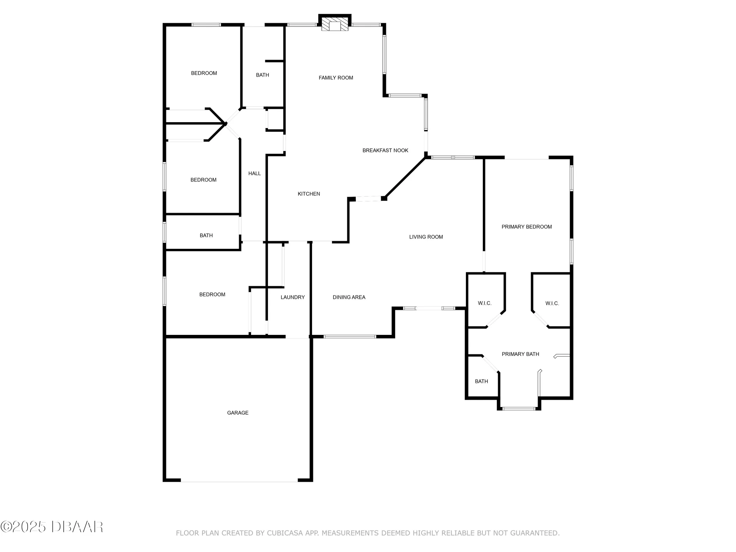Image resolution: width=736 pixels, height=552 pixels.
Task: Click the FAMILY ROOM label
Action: click(x=336, y=78)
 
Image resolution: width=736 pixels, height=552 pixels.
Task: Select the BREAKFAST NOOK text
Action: click(x=385, y=150)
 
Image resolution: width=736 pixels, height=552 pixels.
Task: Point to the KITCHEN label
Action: click(x=309, y=194)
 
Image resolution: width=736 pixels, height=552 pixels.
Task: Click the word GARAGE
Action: click(x=238, y=413)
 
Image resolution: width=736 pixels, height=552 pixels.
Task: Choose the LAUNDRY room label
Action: click(x=293, y=297)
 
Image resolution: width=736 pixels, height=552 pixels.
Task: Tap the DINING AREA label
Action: click(x=349, y=297)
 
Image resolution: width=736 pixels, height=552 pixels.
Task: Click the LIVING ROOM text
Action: click(x=426, y=237)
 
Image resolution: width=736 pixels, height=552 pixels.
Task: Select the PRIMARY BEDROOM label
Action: click(x=527, y=227)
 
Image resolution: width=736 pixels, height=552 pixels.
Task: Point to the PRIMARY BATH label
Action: click(x=520, y=354)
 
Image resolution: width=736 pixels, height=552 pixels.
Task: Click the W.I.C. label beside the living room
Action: click(x=485, y=303)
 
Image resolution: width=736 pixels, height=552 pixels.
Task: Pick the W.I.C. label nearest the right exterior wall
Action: click(x=552, y=303)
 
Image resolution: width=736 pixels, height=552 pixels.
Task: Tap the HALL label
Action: click(x=254, y=173)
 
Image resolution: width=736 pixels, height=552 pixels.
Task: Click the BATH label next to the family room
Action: click(x=262, y=75)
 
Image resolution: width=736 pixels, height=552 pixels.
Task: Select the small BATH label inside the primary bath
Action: click(x=481, y=381)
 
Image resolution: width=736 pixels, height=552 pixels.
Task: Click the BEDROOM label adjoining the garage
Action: click(x=212, y=294)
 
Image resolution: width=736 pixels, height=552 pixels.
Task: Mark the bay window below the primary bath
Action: click(x=519, y=408)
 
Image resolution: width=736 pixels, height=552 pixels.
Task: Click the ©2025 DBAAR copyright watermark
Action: click(x=52, y=527)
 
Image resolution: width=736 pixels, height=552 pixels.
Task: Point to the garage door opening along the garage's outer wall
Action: click(x=239, y=481)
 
